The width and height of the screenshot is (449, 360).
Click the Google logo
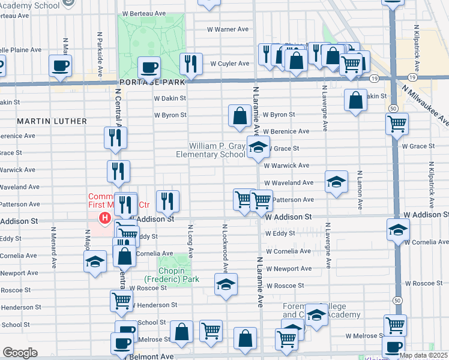(x=20, y=353)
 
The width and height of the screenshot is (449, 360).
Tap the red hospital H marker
(x=105, y=217)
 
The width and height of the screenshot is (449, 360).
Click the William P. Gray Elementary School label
(x=218, y=150)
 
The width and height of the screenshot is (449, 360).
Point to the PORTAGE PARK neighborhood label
(x=142, y=82)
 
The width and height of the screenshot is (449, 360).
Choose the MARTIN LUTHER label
(x=52, y=121)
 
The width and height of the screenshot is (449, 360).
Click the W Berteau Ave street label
(x=143, y=13)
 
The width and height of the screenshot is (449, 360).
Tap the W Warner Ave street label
(x=228, y=29)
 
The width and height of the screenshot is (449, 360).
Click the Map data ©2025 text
(x=423, y=355)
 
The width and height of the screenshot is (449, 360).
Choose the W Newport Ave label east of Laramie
(x=289, y=269)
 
